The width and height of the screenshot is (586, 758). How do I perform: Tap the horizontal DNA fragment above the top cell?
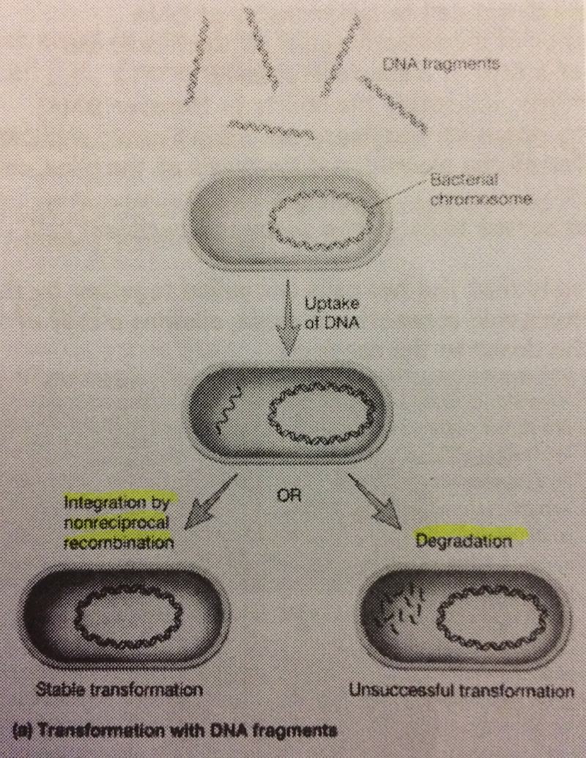(x=271, y=130)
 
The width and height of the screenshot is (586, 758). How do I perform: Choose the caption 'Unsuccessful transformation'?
(x=461, y=691)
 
